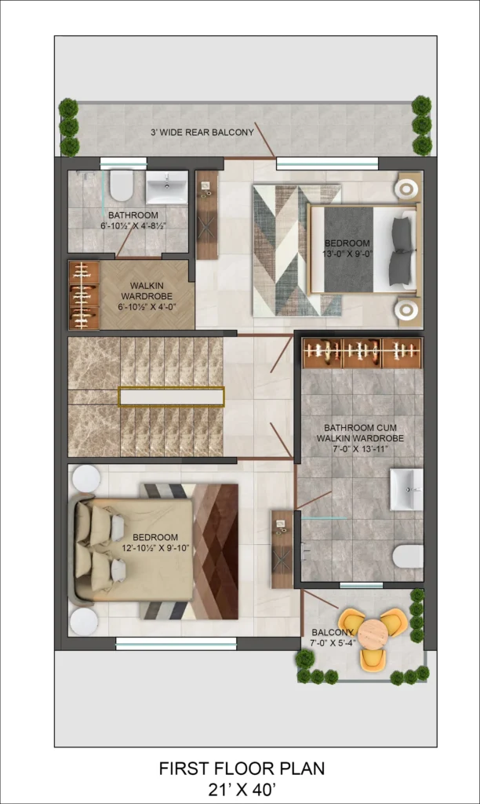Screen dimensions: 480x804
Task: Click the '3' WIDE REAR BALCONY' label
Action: click(x=202, y=132)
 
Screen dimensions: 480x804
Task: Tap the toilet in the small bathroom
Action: click(x=122, y=185)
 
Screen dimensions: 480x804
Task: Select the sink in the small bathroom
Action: click(x=166, y=187)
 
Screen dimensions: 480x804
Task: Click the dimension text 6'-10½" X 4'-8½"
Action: click(x=133, y=225)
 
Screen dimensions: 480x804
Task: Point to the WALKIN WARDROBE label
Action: click(x=147, y=291)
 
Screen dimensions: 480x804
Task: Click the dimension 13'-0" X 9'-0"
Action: click(x=347, y=254)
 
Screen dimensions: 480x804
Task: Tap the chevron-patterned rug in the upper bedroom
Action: click(x=297, y=250)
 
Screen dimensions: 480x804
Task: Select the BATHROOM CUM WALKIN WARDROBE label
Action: click(x=360, y=433)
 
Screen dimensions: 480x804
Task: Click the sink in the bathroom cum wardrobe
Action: click(x=407, y=489)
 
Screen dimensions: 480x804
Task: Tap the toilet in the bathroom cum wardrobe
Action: click(x=409, y=557)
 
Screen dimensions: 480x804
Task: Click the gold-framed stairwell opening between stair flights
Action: click(x=172, y=397)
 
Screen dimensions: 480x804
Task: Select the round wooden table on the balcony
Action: click(x=373, y=634)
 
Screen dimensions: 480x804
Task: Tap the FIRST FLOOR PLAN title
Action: click(x=242, y=769)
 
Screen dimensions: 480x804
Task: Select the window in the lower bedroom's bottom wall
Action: click(x=176, y=644)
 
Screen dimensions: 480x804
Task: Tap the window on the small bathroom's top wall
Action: click(x=123, y=163)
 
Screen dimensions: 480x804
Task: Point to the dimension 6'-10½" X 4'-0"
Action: click(x=147, y=307)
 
